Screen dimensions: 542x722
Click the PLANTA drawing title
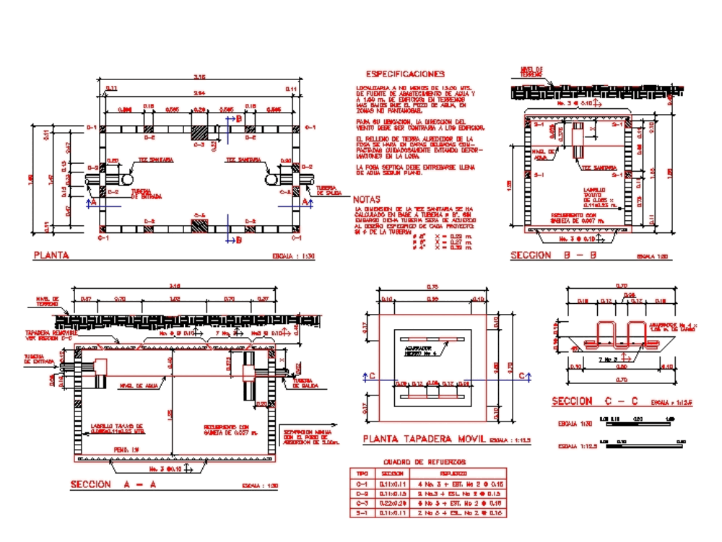(x=52, y=255)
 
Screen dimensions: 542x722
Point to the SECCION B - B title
(x=542, y=255)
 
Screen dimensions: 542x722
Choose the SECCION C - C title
(x=593, y=401)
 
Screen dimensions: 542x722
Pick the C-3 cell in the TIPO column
(x=363, y=502)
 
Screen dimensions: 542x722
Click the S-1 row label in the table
(x=363, y=512)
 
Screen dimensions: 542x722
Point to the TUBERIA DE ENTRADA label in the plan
(x=146, y=194)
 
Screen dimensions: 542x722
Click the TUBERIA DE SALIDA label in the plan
(x=329, y=191)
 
